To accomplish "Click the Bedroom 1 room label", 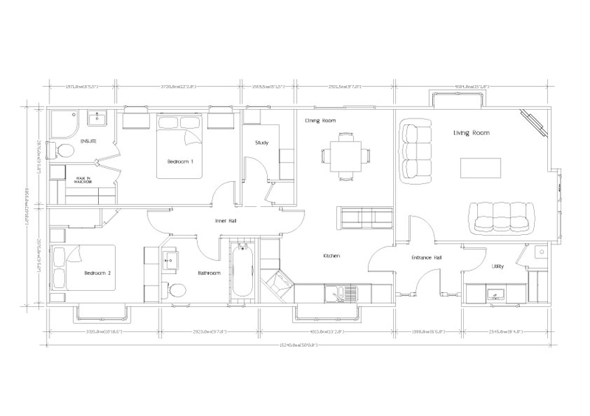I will pos(181,161).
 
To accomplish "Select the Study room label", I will pos(261,143).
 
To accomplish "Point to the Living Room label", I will pos(471,133).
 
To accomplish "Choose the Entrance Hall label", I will pos(426,258).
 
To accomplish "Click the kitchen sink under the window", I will pos(341,295).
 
